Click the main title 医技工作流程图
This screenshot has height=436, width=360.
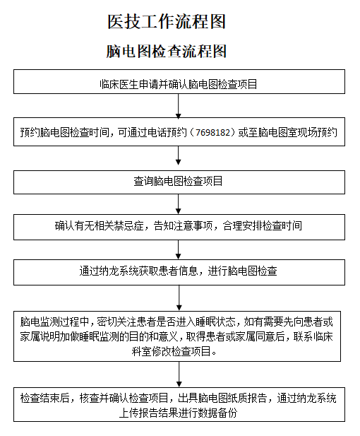click(166, 22)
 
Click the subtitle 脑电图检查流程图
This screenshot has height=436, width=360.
click(166, 51)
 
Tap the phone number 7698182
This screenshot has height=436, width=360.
click(213, 132)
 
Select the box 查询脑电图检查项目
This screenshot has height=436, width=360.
click(179, 182)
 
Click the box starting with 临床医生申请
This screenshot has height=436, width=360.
click(179, 81)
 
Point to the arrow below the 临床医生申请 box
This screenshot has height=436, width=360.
click(179, 106)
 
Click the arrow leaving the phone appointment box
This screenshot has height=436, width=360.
click(179, 155)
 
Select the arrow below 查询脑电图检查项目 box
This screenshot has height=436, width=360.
click(179, 204)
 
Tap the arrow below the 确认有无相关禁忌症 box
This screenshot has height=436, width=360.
click(179, 249)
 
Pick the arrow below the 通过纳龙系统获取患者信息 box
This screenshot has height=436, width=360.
click(179, 297)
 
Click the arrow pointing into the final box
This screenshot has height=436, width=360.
click(179, 375)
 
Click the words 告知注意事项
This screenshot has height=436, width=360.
click(183, 226)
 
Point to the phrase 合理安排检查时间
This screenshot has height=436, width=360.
click(262, 226)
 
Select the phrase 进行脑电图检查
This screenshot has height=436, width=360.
click(242, 271)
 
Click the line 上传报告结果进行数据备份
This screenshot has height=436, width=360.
click(178, 413)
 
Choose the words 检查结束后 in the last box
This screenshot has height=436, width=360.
click(44, 398)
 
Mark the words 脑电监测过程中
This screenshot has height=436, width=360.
click(55, 322)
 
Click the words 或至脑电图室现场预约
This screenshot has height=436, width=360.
click(287, 132)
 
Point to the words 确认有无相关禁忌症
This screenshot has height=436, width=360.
click(99, 226)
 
